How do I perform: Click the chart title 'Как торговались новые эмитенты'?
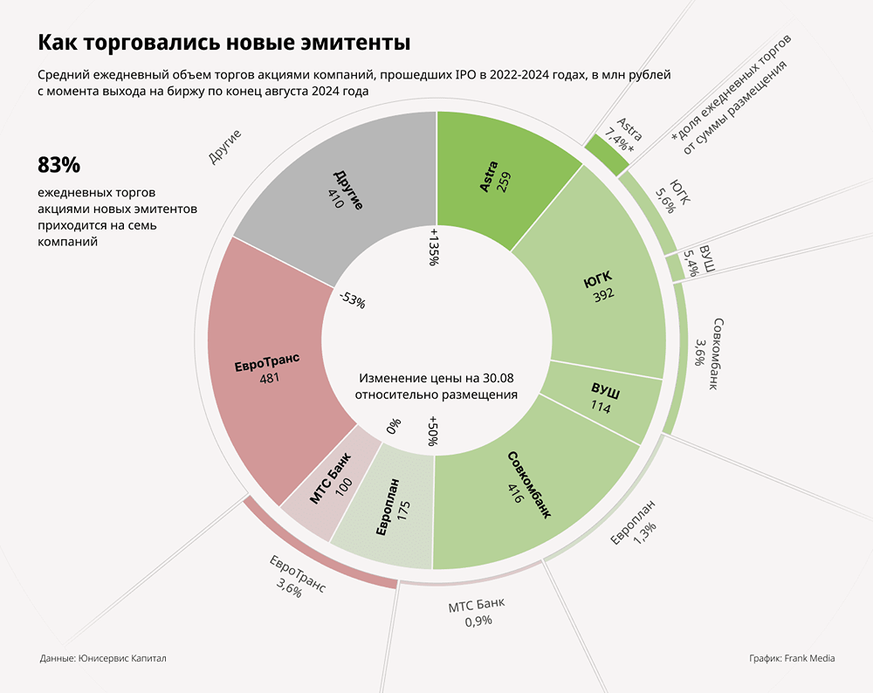coord(223,43)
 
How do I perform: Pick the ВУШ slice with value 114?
coord(602,400)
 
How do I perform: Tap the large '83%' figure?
coord(58,165)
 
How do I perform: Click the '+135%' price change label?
coord(433,248)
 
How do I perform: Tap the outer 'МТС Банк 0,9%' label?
coord(477,612)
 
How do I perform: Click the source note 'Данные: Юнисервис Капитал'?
coord(103,658)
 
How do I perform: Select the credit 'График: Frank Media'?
coord(791,658)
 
